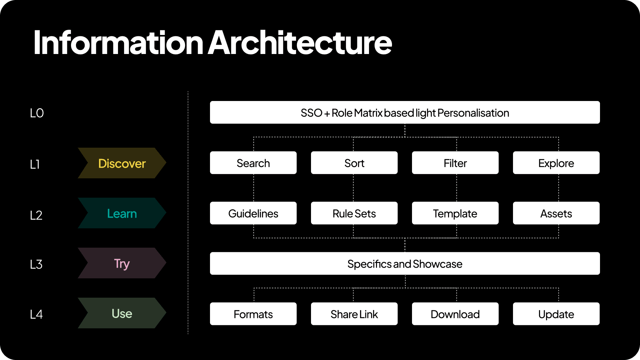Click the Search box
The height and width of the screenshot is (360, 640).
(253, 163)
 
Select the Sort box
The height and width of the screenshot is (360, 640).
(354, 163)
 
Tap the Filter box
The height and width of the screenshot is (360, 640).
(455, 163)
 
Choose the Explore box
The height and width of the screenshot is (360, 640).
(556, 163)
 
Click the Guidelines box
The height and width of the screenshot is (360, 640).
(253, 213)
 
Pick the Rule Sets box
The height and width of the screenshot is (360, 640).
(354, 213)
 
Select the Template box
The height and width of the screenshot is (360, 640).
(455, 213)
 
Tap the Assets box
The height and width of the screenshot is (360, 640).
(556, 213)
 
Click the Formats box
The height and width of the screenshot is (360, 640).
(253, 314)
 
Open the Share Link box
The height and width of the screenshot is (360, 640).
(354, 314)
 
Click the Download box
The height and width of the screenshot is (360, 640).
(455, 314)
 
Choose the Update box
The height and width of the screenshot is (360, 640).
(556, 314)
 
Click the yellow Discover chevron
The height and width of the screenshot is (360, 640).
(122, 163)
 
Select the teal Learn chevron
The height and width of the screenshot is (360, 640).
(122, 213)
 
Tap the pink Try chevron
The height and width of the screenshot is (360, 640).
(122, 263)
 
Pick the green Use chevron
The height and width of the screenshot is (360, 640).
(122, 313)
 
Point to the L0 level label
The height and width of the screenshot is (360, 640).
(37, 113)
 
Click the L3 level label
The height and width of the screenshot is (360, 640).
(36, 264)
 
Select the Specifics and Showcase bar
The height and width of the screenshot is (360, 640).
(405, 263)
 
